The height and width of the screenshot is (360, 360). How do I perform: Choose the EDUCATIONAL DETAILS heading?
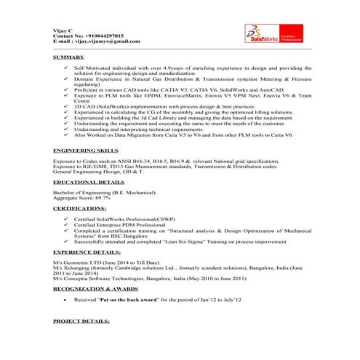click(x=89, y=182)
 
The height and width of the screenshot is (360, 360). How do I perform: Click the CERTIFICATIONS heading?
click(x=82, y=209)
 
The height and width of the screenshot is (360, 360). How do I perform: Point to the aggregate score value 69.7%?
click(x=101, y=197)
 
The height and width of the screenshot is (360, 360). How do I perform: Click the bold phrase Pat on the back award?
click(x=130, y=299)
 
